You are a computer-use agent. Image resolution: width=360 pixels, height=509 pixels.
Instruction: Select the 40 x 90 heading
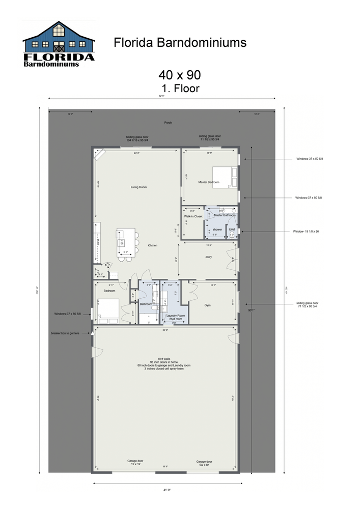pyautogui.click(x=179, y=75)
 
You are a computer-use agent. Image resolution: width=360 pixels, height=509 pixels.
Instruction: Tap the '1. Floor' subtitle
pyautogui.click(x=179, y=88)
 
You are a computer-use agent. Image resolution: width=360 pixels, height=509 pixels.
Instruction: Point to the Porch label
pyautogui.click(x=168, y=123)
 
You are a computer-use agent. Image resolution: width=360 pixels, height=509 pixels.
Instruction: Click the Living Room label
pyautogui.click(x=139, y=187)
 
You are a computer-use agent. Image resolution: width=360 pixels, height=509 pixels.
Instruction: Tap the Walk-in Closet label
pyautogui.click(x=193, y=216)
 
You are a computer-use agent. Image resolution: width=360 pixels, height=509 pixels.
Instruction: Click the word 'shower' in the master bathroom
pyautogui.click(x=217, y=230)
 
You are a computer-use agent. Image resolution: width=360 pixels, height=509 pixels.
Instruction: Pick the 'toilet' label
pyautogui.click(x=232, y=230)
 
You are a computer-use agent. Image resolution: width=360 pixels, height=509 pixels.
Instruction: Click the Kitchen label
pyautogui.click(x=152, y=245)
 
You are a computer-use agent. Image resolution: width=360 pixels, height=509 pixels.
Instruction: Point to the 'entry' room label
pyautogui.click(x=208, y=257)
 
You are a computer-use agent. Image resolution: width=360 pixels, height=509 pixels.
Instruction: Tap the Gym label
pyautogui.click(x=207, y=305)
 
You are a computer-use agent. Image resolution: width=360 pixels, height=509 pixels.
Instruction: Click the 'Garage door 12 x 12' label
pyautogui.click(x=135, y=463)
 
